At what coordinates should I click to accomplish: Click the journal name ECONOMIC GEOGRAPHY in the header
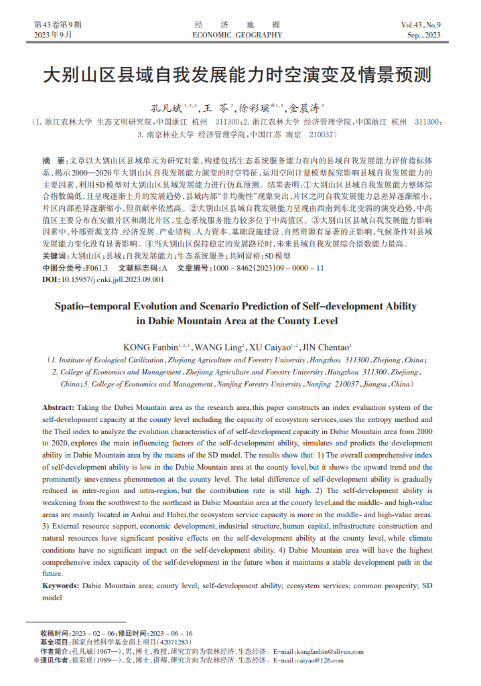[237, 35]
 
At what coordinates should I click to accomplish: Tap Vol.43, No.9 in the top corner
[421, 25]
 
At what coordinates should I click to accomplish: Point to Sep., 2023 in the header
[424, 35]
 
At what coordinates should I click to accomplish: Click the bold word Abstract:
[58, 407]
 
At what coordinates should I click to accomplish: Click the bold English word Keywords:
[60, 585]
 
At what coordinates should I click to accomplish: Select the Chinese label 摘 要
[53, 162]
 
